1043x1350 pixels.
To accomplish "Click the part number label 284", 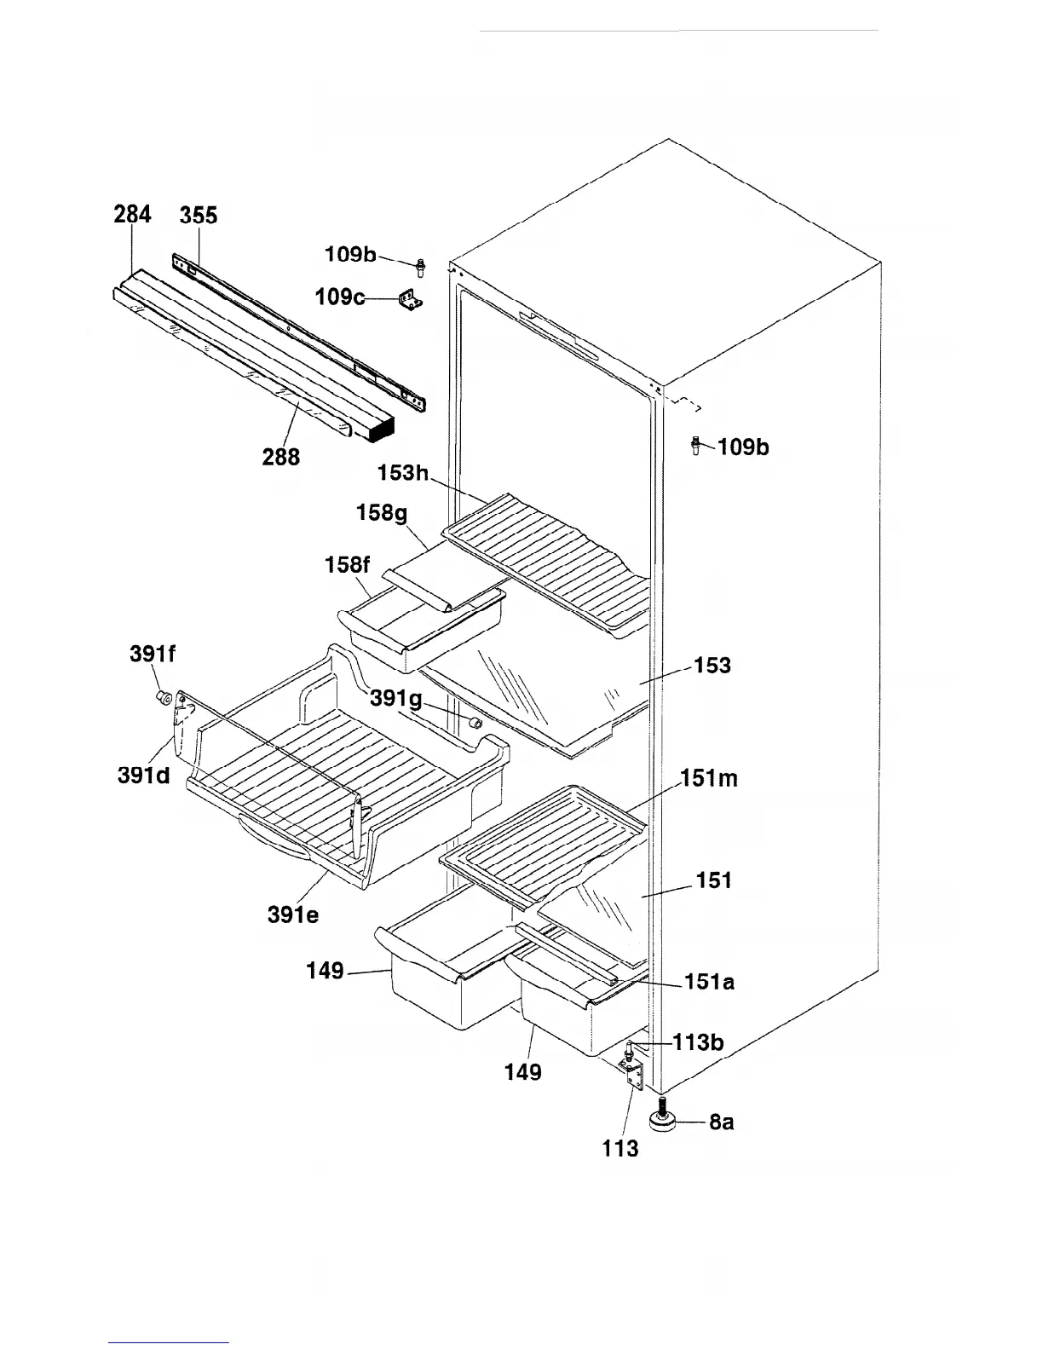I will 132,214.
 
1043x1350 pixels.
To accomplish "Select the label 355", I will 199,215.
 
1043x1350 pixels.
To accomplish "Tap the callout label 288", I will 281,457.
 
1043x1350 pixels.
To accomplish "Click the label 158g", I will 382,513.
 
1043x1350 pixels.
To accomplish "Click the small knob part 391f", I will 161,699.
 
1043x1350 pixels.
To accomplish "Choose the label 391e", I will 293,916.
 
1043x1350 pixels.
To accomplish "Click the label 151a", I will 710,982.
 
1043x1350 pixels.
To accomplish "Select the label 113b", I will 699,1041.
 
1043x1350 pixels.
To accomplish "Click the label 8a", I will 721,1122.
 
